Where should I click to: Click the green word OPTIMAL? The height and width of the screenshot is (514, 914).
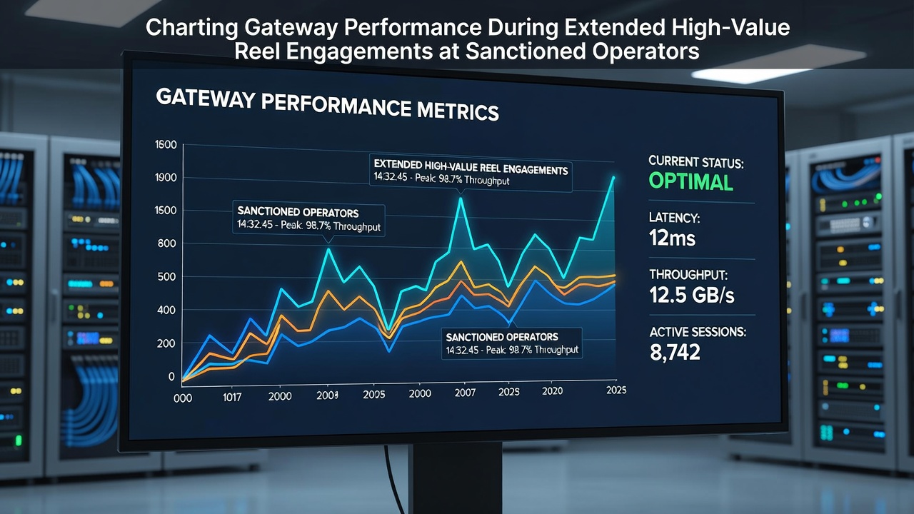[690, 181]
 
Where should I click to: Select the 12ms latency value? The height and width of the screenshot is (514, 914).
[672, 238]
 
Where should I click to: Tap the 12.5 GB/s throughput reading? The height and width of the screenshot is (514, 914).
[692, 295]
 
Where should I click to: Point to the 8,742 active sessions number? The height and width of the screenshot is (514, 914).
[675, 352]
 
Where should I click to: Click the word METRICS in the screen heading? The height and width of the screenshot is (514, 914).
[458, 111]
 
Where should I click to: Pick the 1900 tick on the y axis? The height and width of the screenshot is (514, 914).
[166, 178]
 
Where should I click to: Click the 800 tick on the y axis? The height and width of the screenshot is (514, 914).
[166, 243]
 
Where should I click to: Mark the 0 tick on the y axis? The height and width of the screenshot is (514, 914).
[172, 376]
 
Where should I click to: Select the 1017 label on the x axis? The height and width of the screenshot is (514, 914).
[232, 398]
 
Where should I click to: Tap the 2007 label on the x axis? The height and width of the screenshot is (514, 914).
[465, 393]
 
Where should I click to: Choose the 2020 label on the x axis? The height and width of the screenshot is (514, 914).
[553, 390]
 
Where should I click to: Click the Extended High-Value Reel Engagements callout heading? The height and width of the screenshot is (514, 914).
[471, 167]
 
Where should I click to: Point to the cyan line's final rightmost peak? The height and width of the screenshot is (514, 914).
[613, 178]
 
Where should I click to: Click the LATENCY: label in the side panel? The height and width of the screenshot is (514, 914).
[675, 218]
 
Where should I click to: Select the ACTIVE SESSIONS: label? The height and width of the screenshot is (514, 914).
[698, 332]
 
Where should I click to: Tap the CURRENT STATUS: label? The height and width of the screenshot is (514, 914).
[696, 162]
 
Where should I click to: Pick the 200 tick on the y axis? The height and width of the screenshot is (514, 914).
[166, 343]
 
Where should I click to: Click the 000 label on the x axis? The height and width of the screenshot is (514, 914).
[183, 398]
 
